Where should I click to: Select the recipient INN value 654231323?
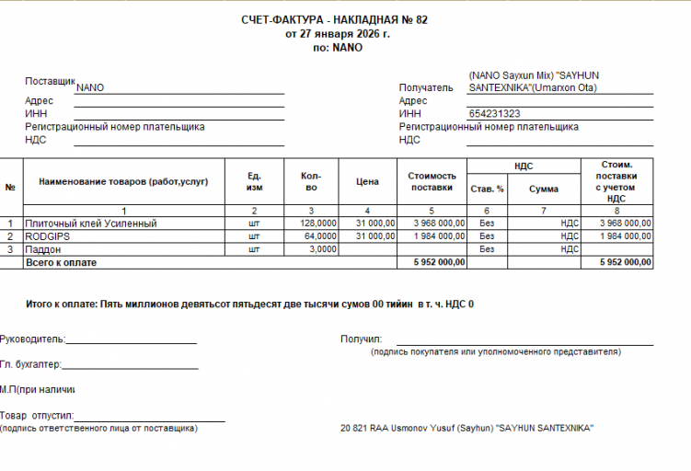[x=494, y=113]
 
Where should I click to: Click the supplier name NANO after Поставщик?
[x=90, y=87]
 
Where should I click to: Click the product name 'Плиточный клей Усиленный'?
[x=91, y=223]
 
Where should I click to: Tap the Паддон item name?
[x=44, y=248]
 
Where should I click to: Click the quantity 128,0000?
[x=317, y=223]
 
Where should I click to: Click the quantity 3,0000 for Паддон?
[x=322, y=248]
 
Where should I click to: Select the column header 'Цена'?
[x=367, y=181]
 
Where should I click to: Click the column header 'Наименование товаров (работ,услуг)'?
[x=123, y=181]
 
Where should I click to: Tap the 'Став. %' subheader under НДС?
[x=487, y=189]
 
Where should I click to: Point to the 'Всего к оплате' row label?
[x=62, y=262]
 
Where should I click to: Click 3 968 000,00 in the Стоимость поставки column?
[x=432, y=223]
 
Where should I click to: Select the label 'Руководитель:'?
[x=32, y=339]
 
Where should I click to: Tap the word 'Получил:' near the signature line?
[x=361, y=339]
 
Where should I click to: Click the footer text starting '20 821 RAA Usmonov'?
[x=466, y=429]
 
